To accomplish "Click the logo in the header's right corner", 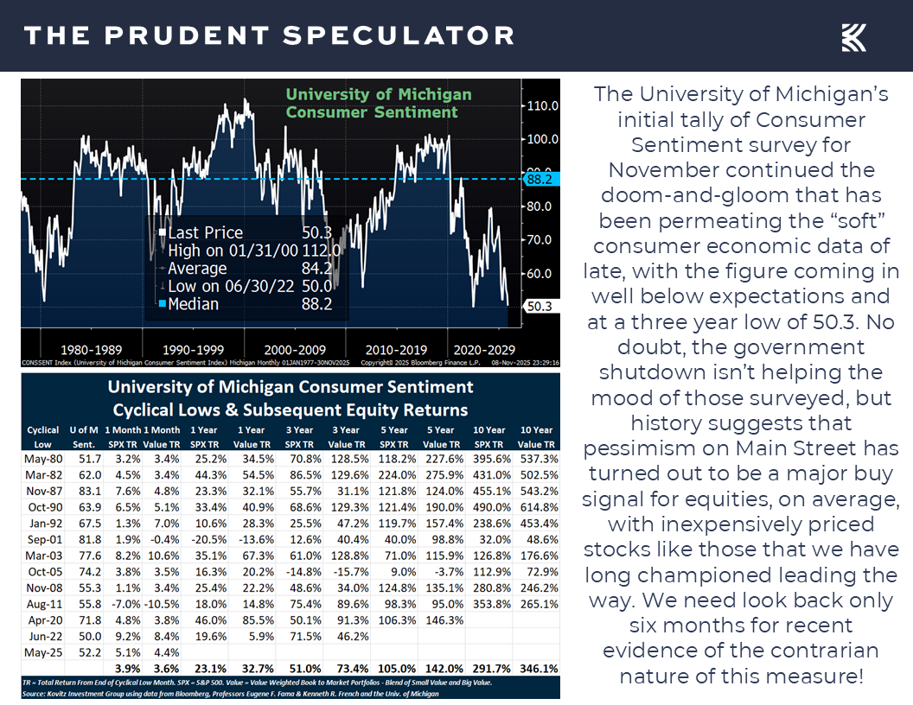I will (x=854, y=37).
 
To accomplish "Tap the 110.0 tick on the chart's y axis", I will (x=543, y=105).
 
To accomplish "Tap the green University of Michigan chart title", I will (x=379, y=103).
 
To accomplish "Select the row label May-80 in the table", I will (x=42, y=459).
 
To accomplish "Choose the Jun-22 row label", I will (x=42, y=637).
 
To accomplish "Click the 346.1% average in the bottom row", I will (x=537, y=669).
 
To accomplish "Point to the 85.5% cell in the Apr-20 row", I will (x=251, y=620).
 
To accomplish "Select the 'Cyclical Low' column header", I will (x=43, y=436).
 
